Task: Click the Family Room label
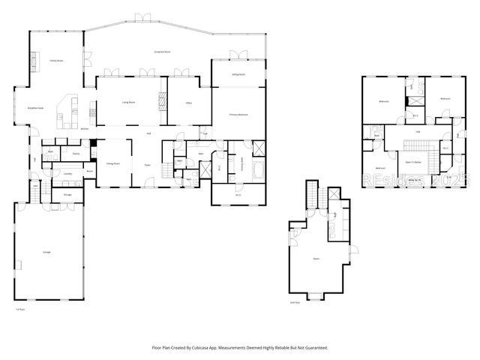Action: [x=55, y=60]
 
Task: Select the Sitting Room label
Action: [x=238, y=75]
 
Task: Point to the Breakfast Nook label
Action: [x=35, y=108]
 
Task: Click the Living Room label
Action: [x=128, y=101]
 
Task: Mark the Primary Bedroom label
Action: [x=238, y=114]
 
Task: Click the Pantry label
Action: [x=75, y=153]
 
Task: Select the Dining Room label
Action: [x=113, y=163]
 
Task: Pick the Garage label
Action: [x=46, y=250]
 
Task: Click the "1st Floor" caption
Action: [x=20, y=308]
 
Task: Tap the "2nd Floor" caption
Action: [x=295, y=303]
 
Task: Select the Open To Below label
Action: [x=412, y=161]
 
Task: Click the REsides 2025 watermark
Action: [x=415, y=181]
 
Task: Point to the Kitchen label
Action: [x=85, y=128]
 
